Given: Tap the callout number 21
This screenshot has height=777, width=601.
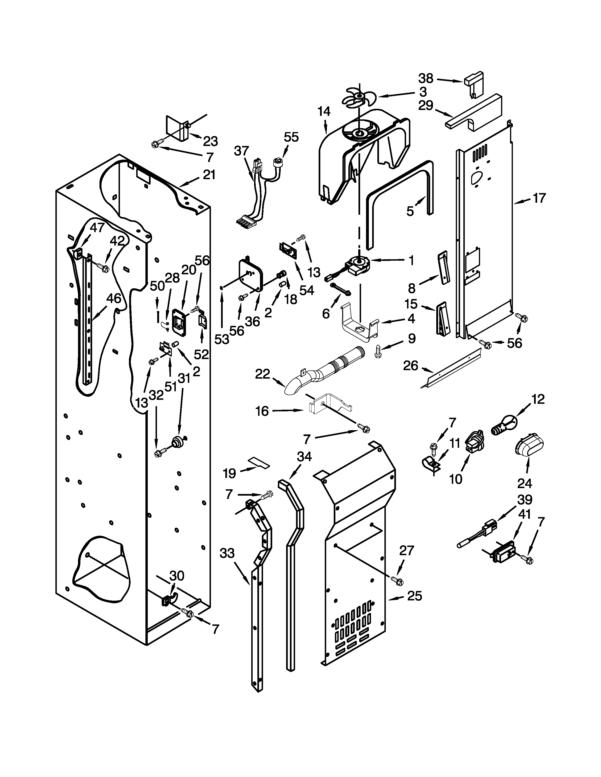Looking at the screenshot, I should [209, 175].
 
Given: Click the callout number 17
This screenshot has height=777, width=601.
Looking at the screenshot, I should [539, 198].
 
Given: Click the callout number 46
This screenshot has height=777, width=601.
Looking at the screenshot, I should [114, 298].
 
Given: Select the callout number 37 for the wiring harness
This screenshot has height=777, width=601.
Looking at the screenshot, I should [241, 151].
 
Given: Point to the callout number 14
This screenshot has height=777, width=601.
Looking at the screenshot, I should [324, 112].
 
